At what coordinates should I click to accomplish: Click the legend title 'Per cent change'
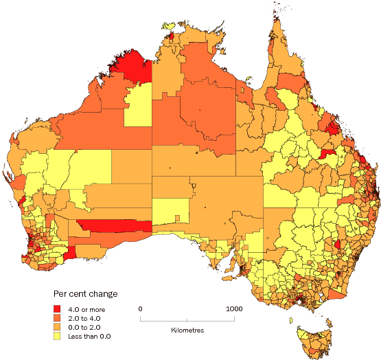coord(85,293)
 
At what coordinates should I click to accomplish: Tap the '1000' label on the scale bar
coord(234,308)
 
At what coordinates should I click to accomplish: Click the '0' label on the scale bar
coord(141,308)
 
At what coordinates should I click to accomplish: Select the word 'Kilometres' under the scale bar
coord(187,330)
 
